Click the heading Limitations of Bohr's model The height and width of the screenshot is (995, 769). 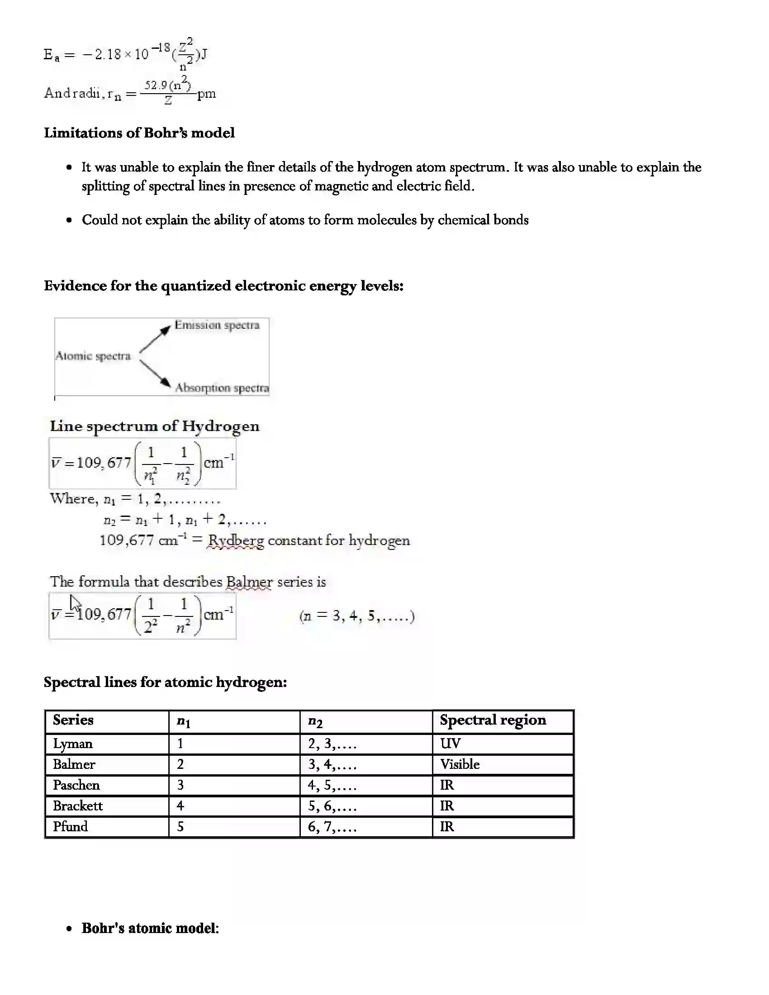(139, 133)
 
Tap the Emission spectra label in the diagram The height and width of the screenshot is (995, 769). (217, 325)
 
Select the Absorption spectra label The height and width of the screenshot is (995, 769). (222, 388)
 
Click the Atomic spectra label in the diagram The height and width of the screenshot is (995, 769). (93, 356)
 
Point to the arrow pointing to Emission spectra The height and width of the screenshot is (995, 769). (155, 338)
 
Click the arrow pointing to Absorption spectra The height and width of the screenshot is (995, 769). (155, 373)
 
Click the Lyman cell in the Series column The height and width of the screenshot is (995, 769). (73, 744)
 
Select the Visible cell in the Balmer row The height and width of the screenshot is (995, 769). (460, 764)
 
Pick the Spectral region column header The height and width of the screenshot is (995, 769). (493, 720)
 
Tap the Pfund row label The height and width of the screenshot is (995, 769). (70, 826)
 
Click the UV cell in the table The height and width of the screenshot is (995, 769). (451, 744)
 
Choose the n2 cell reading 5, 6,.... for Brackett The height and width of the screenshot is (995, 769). (332, 806)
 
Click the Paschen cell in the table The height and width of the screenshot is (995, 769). (76, 785)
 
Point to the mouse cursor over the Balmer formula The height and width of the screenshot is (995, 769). (75, 603)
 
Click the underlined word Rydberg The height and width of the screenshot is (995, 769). (236, 541)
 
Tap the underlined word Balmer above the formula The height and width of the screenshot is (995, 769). (249, 582)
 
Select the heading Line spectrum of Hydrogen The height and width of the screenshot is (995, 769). (154, 426)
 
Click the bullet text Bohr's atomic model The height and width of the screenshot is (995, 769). (150, 929)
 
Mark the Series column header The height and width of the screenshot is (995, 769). (73, 720)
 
